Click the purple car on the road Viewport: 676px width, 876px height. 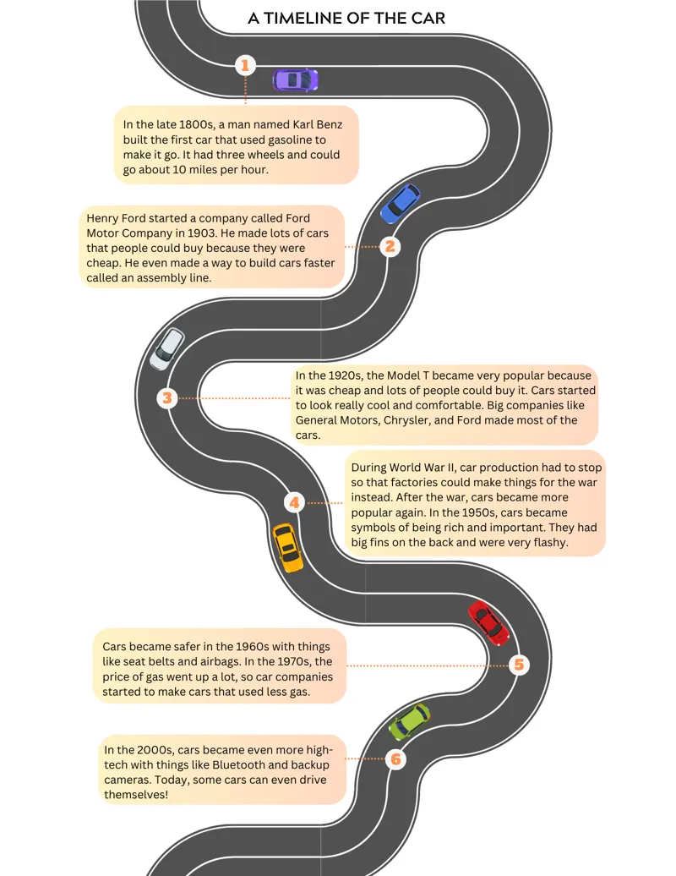pos(295,79)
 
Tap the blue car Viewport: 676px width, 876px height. pos(400,203)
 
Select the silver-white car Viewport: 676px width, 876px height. pos(167,348)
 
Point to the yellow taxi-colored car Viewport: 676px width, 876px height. pos(287,548)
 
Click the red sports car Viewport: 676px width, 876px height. pos(488,622)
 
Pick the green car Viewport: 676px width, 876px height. pos(409,721)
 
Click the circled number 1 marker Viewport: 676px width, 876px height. pos(245,65)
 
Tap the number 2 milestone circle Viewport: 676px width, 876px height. pos(390,246)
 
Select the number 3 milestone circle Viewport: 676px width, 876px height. pos(167,398)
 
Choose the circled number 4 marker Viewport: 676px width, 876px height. pos(294,503)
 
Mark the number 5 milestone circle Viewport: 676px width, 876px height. pos(519,665)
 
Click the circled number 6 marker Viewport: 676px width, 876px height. pos(395,758)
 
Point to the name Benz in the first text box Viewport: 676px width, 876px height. pos(329,124)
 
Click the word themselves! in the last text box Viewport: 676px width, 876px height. pos(136,795)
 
